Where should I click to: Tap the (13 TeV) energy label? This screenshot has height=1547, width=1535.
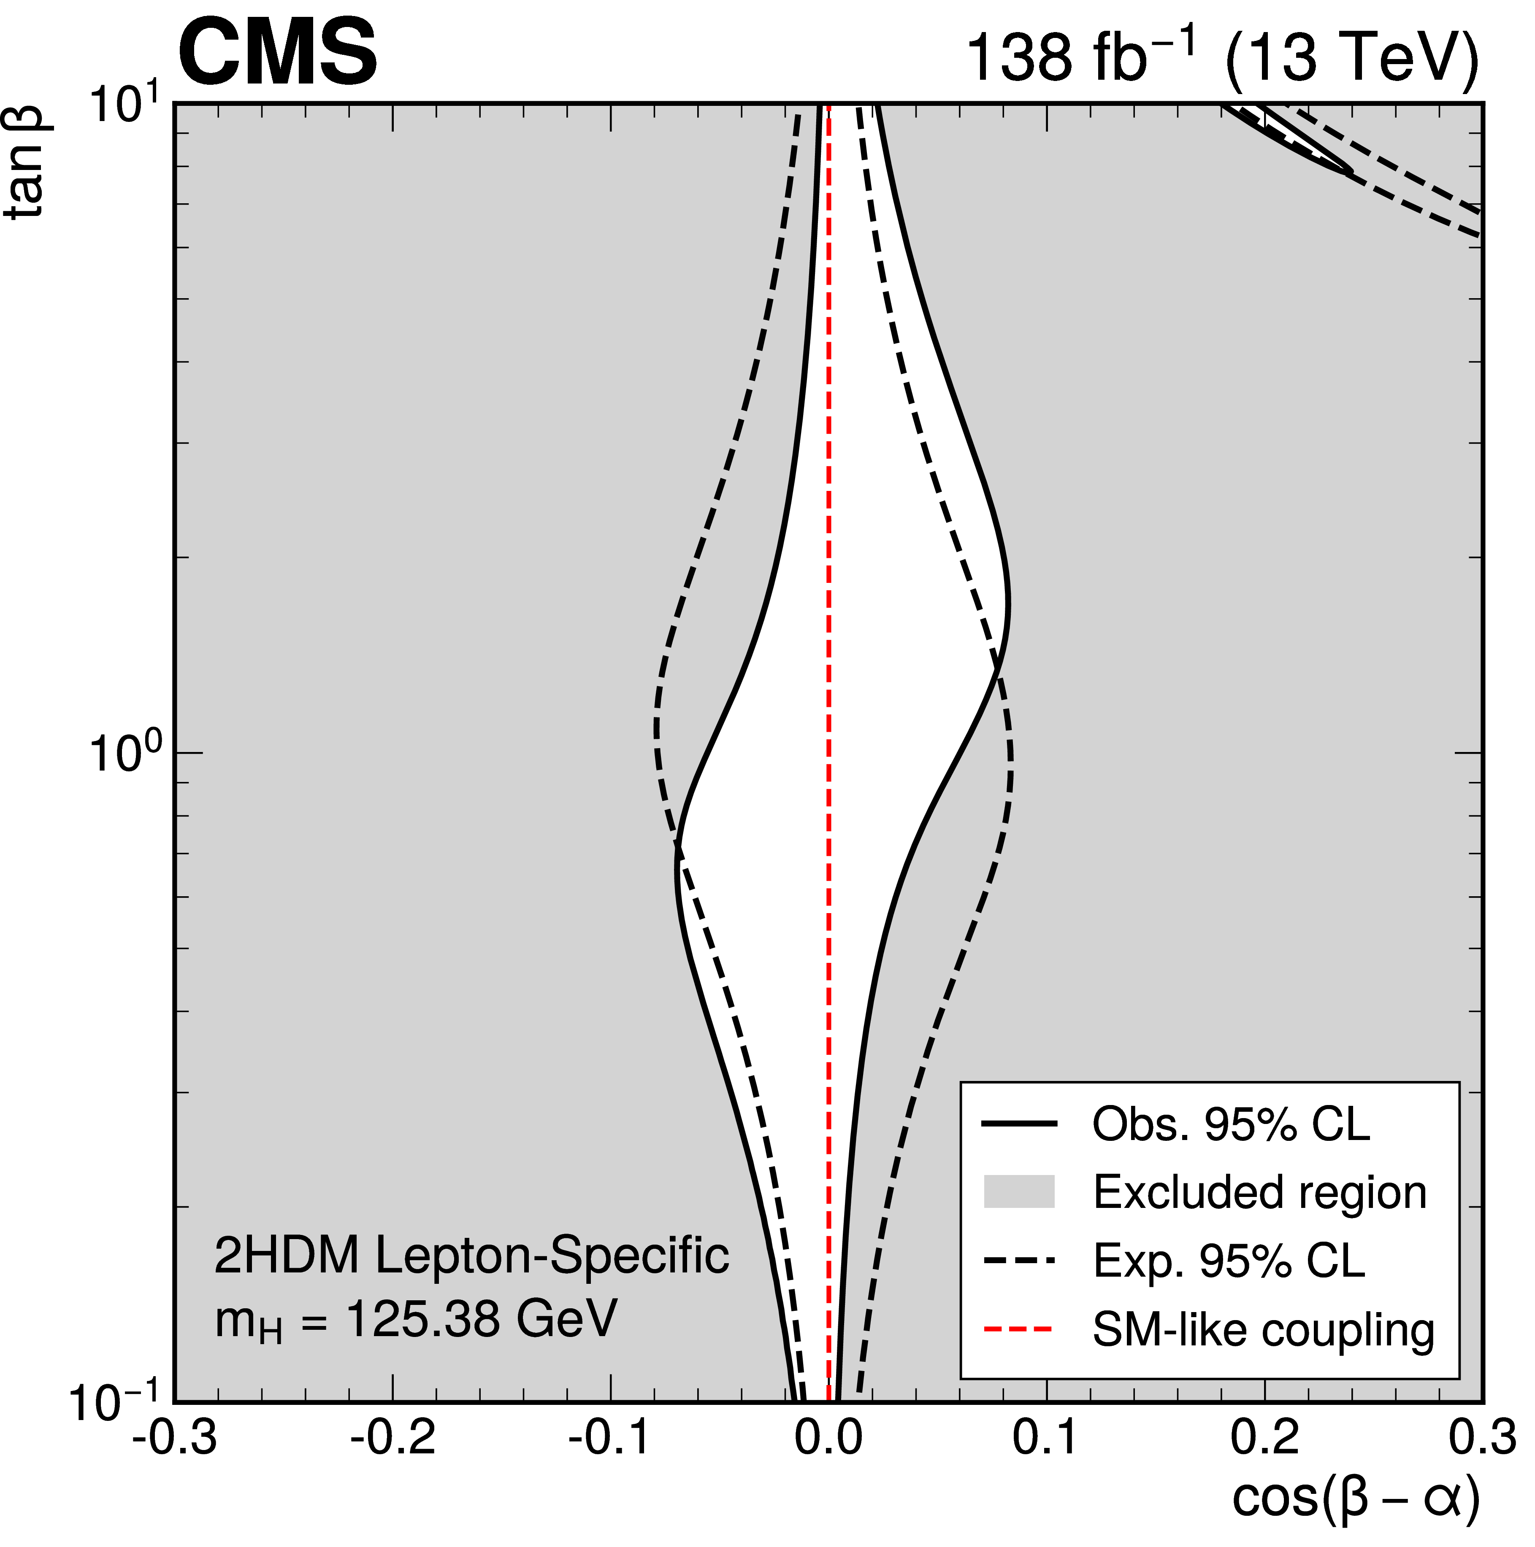click(1350, 58)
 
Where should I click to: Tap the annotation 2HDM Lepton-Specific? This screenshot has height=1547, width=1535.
click(471, 1256)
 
